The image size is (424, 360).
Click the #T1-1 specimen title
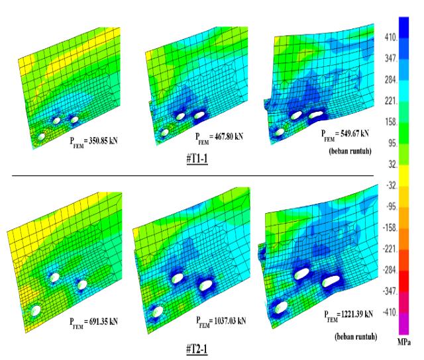[197, 159]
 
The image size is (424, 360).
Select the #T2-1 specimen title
[197, 349]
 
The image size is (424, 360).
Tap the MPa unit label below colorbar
[404, 342]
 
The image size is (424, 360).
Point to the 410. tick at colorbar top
[391, 37]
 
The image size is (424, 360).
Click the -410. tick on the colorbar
[390, 312]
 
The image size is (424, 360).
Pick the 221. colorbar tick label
[391, 101]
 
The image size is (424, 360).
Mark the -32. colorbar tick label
[392, 185]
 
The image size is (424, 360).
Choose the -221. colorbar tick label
[390, 249]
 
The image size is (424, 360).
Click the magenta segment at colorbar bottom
[403, 324]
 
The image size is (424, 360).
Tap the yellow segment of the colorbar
[403, 176]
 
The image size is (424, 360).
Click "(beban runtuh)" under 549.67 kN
[350, 151]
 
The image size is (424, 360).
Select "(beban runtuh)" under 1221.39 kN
[356, 336]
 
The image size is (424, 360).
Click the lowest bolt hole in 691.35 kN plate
[35, 310]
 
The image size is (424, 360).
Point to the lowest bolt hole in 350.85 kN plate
[41, 136]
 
